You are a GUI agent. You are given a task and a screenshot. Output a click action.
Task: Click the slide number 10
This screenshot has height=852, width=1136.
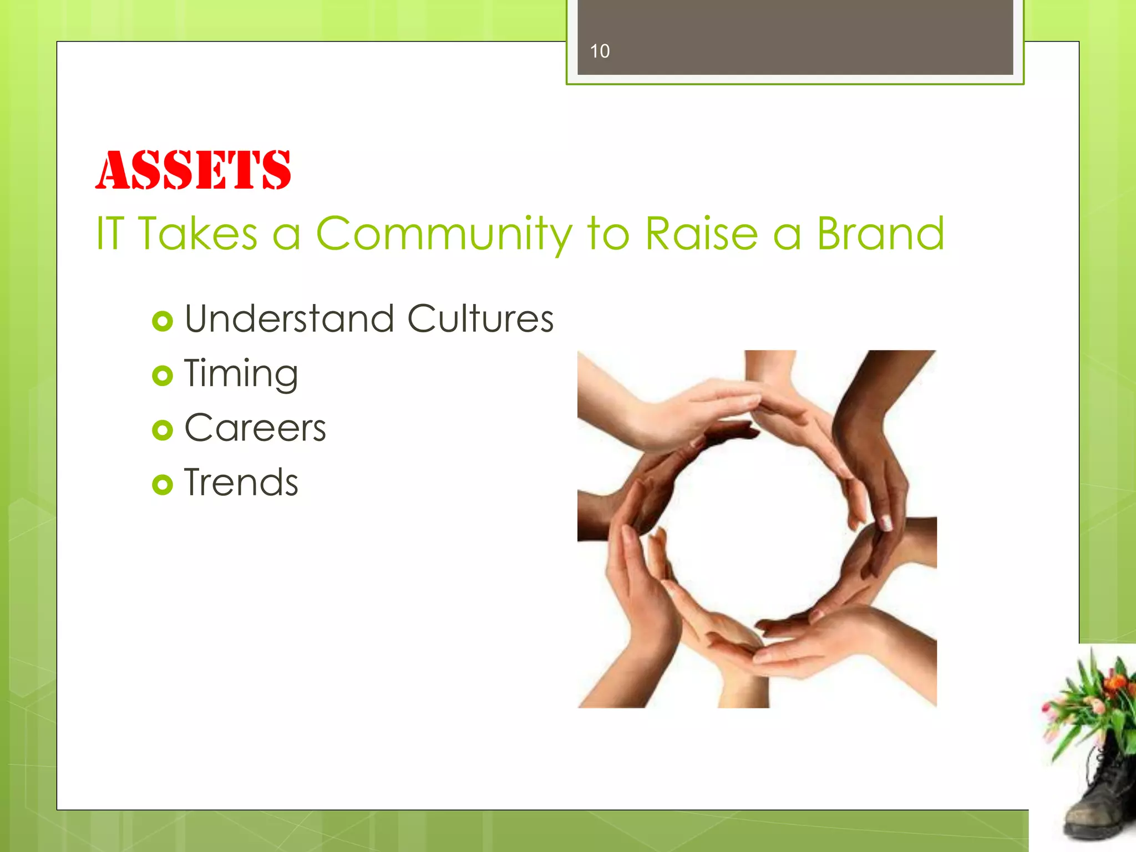(600, 52)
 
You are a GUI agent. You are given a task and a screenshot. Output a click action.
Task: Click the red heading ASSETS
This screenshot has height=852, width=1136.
(192, 170)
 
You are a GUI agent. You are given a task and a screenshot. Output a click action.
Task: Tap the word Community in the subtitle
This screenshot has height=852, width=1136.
(444, 234)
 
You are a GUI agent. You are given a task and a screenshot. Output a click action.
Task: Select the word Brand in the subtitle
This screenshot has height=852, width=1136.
(880, 234)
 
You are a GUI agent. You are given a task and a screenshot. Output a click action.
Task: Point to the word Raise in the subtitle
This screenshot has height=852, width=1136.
(701, 234)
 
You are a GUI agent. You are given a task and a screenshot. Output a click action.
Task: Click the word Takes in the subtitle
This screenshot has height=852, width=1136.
(198, 234)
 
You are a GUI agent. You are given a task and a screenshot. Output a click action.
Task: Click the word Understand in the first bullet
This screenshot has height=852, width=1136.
(290, 319)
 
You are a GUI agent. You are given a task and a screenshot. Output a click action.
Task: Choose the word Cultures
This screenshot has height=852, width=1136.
(480, 319)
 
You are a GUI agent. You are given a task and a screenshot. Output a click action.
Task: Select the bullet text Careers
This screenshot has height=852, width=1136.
(255, 428)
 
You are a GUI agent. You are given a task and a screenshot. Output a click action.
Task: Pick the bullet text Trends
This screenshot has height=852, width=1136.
(241, 483)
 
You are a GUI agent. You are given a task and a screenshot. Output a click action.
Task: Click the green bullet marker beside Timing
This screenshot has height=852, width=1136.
(163, 376)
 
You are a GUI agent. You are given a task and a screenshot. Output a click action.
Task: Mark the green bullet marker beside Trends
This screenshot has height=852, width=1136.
(163, 485)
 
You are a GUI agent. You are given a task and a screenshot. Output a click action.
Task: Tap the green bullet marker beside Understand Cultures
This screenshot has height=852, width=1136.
(163, 322)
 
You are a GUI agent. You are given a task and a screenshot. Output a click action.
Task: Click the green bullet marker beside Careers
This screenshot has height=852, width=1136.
(163, 430)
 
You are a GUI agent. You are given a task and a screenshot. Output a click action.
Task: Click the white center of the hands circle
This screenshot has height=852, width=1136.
(757, 527)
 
